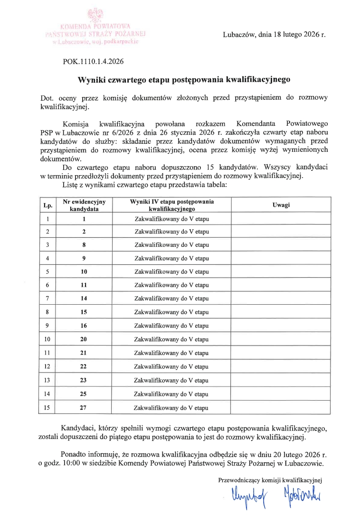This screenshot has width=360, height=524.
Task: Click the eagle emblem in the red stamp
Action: (x=96, y=14)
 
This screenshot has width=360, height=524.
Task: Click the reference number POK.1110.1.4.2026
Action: (x=93, y=61)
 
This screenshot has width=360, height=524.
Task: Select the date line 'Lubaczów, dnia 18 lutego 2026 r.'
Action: (x=274, y=35)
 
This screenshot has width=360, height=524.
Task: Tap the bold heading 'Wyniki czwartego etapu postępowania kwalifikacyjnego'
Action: (x=184, y=80)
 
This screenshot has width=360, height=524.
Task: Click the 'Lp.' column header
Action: (x=47, y=205)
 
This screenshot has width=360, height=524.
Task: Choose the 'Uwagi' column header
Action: (x=281, y=205)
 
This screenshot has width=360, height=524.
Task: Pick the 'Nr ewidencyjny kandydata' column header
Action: (x=84, y=205)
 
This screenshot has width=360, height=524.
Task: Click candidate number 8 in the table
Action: (x=84, y=245)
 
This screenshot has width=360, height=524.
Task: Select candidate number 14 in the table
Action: (x=84, y=299)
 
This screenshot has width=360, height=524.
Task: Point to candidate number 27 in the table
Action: (x=84, y=408)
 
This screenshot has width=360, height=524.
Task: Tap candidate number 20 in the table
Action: (x=84, y=339)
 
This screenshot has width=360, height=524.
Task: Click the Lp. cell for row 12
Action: (x=47, y=367)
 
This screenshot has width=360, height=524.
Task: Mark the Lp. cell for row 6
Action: (x=47, y=285)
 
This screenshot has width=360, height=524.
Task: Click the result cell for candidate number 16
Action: (x=171, y=326)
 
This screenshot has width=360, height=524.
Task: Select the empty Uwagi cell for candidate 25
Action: (x=281, y=394)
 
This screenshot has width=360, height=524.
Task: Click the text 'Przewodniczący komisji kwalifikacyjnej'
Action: (x=270, y=480)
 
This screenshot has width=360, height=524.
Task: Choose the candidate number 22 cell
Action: (x=84, y=367)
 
